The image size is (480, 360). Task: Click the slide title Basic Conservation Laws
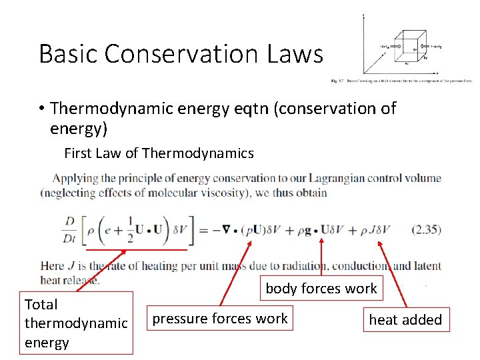[x=181, y=53]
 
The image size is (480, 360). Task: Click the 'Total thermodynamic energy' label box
[x=75, y=323]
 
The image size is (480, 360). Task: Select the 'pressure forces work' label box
[x=220, y=319]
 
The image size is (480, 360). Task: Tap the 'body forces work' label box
[x=321, y=289]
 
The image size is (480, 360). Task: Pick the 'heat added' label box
[x=405, y=319]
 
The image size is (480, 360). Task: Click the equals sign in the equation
[x=200, y=231]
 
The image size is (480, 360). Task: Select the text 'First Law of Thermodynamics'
[x=159, y=153]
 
